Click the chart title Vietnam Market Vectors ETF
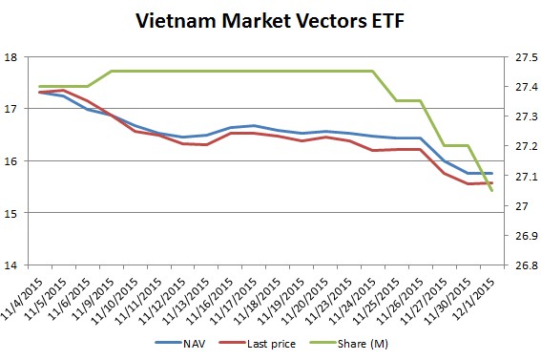pyautogui.click(x=270, y=20)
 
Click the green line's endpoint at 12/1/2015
pyautogui.click(x=491, y=191)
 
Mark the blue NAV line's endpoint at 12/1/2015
pyautogui.click(x=491, y=173)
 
